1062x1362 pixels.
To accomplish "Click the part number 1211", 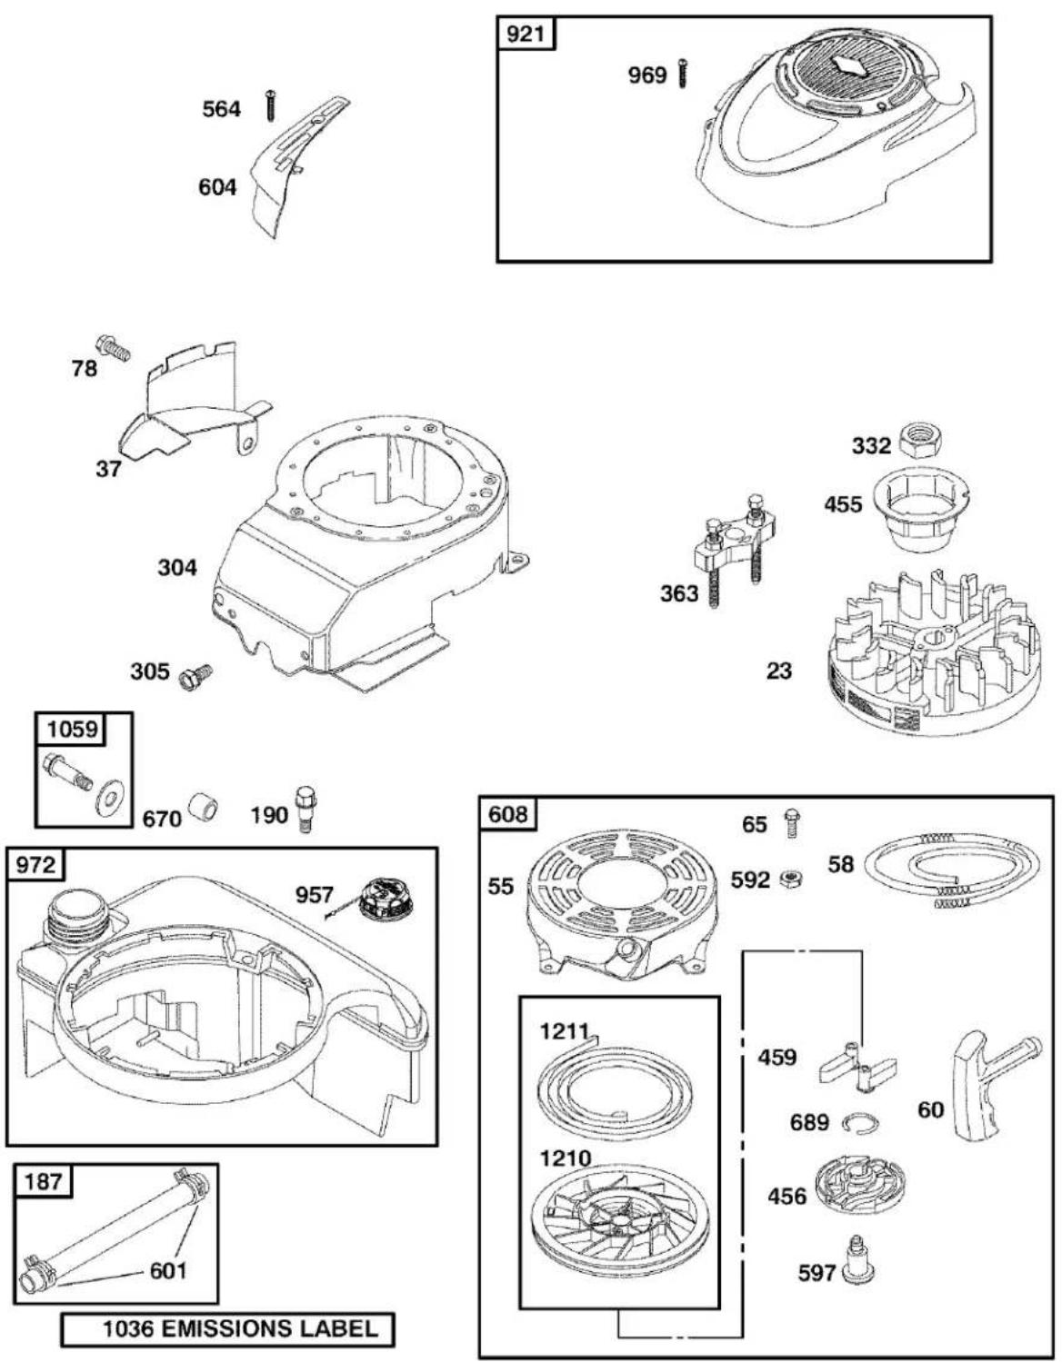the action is pos(565,1031).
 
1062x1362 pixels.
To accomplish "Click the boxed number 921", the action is pos(526,34).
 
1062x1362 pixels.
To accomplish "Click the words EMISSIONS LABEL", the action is pos(270,1328).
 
